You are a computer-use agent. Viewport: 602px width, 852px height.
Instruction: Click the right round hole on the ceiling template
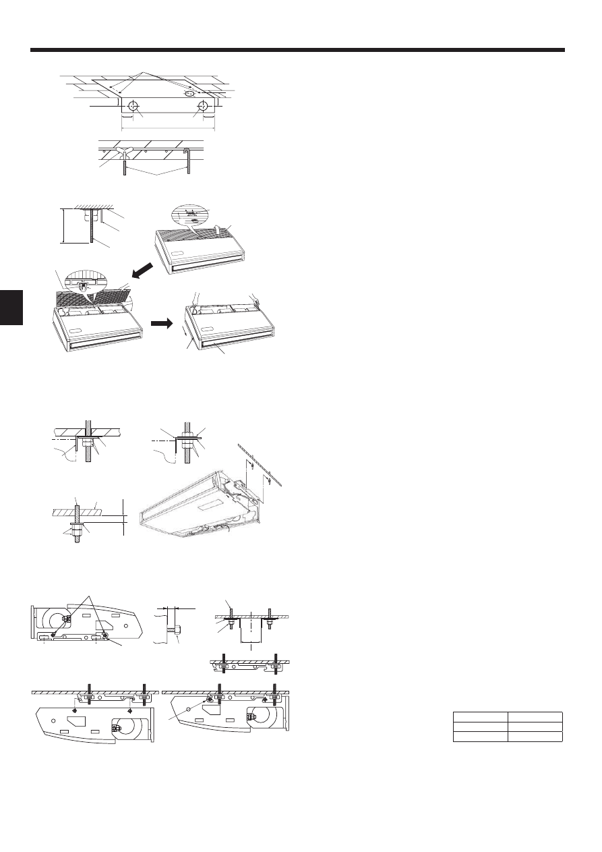click(x=202, y=107)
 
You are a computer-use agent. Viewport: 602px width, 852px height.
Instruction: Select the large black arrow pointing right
click(x=161, y=323)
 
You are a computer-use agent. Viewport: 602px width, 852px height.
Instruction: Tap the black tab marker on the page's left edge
click(x=11, y=306)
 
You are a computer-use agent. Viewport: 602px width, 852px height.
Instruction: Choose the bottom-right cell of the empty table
click(x=535, y=737)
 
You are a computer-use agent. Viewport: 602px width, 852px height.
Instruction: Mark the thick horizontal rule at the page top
click(x=297, y=50)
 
